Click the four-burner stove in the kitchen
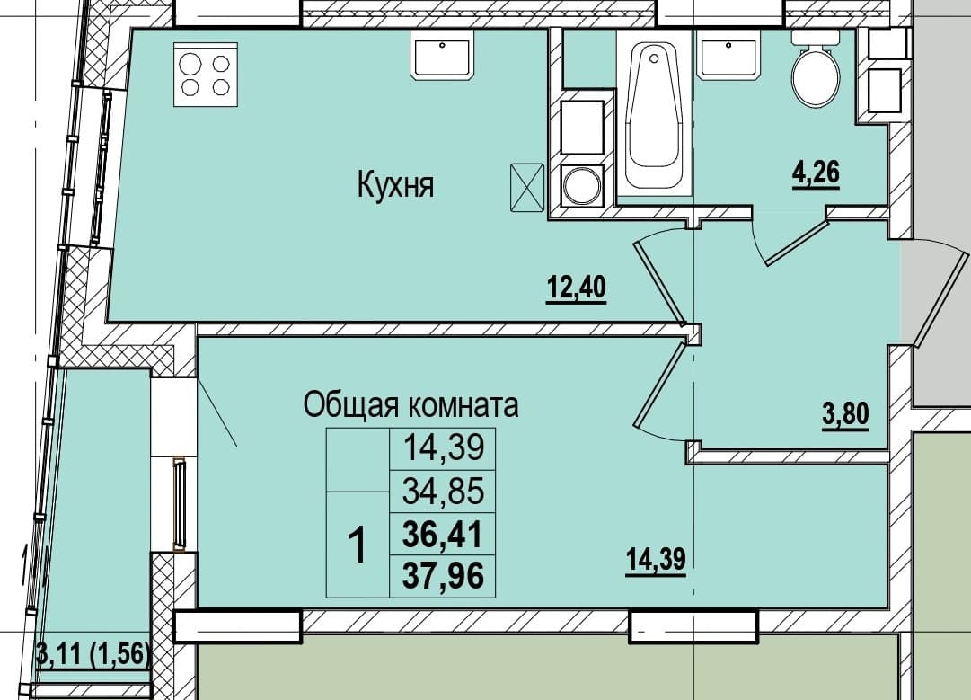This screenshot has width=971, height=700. pos(206,75)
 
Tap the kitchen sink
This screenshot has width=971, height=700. pos(442,56)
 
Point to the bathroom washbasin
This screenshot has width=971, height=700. pos(728,55)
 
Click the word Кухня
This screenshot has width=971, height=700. pos(396,184)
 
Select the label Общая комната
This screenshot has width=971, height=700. pos(410,406)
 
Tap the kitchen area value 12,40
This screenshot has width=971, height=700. pos(576,289)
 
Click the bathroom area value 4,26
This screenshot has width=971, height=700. pos(816,173)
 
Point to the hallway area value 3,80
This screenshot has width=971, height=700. pos(846,414)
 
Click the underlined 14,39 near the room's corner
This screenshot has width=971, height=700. pos(656,561)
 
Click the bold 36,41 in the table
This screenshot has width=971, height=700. pos(442,534)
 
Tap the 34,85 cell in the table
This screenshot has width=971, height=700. pos(442,492)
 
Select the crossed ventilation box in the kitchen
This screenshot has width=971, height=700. pos(527,187)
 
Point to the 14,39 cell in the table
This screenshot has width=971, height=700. pos(442,447)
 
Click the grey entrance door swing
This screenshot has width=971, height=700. pos(934,291)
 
